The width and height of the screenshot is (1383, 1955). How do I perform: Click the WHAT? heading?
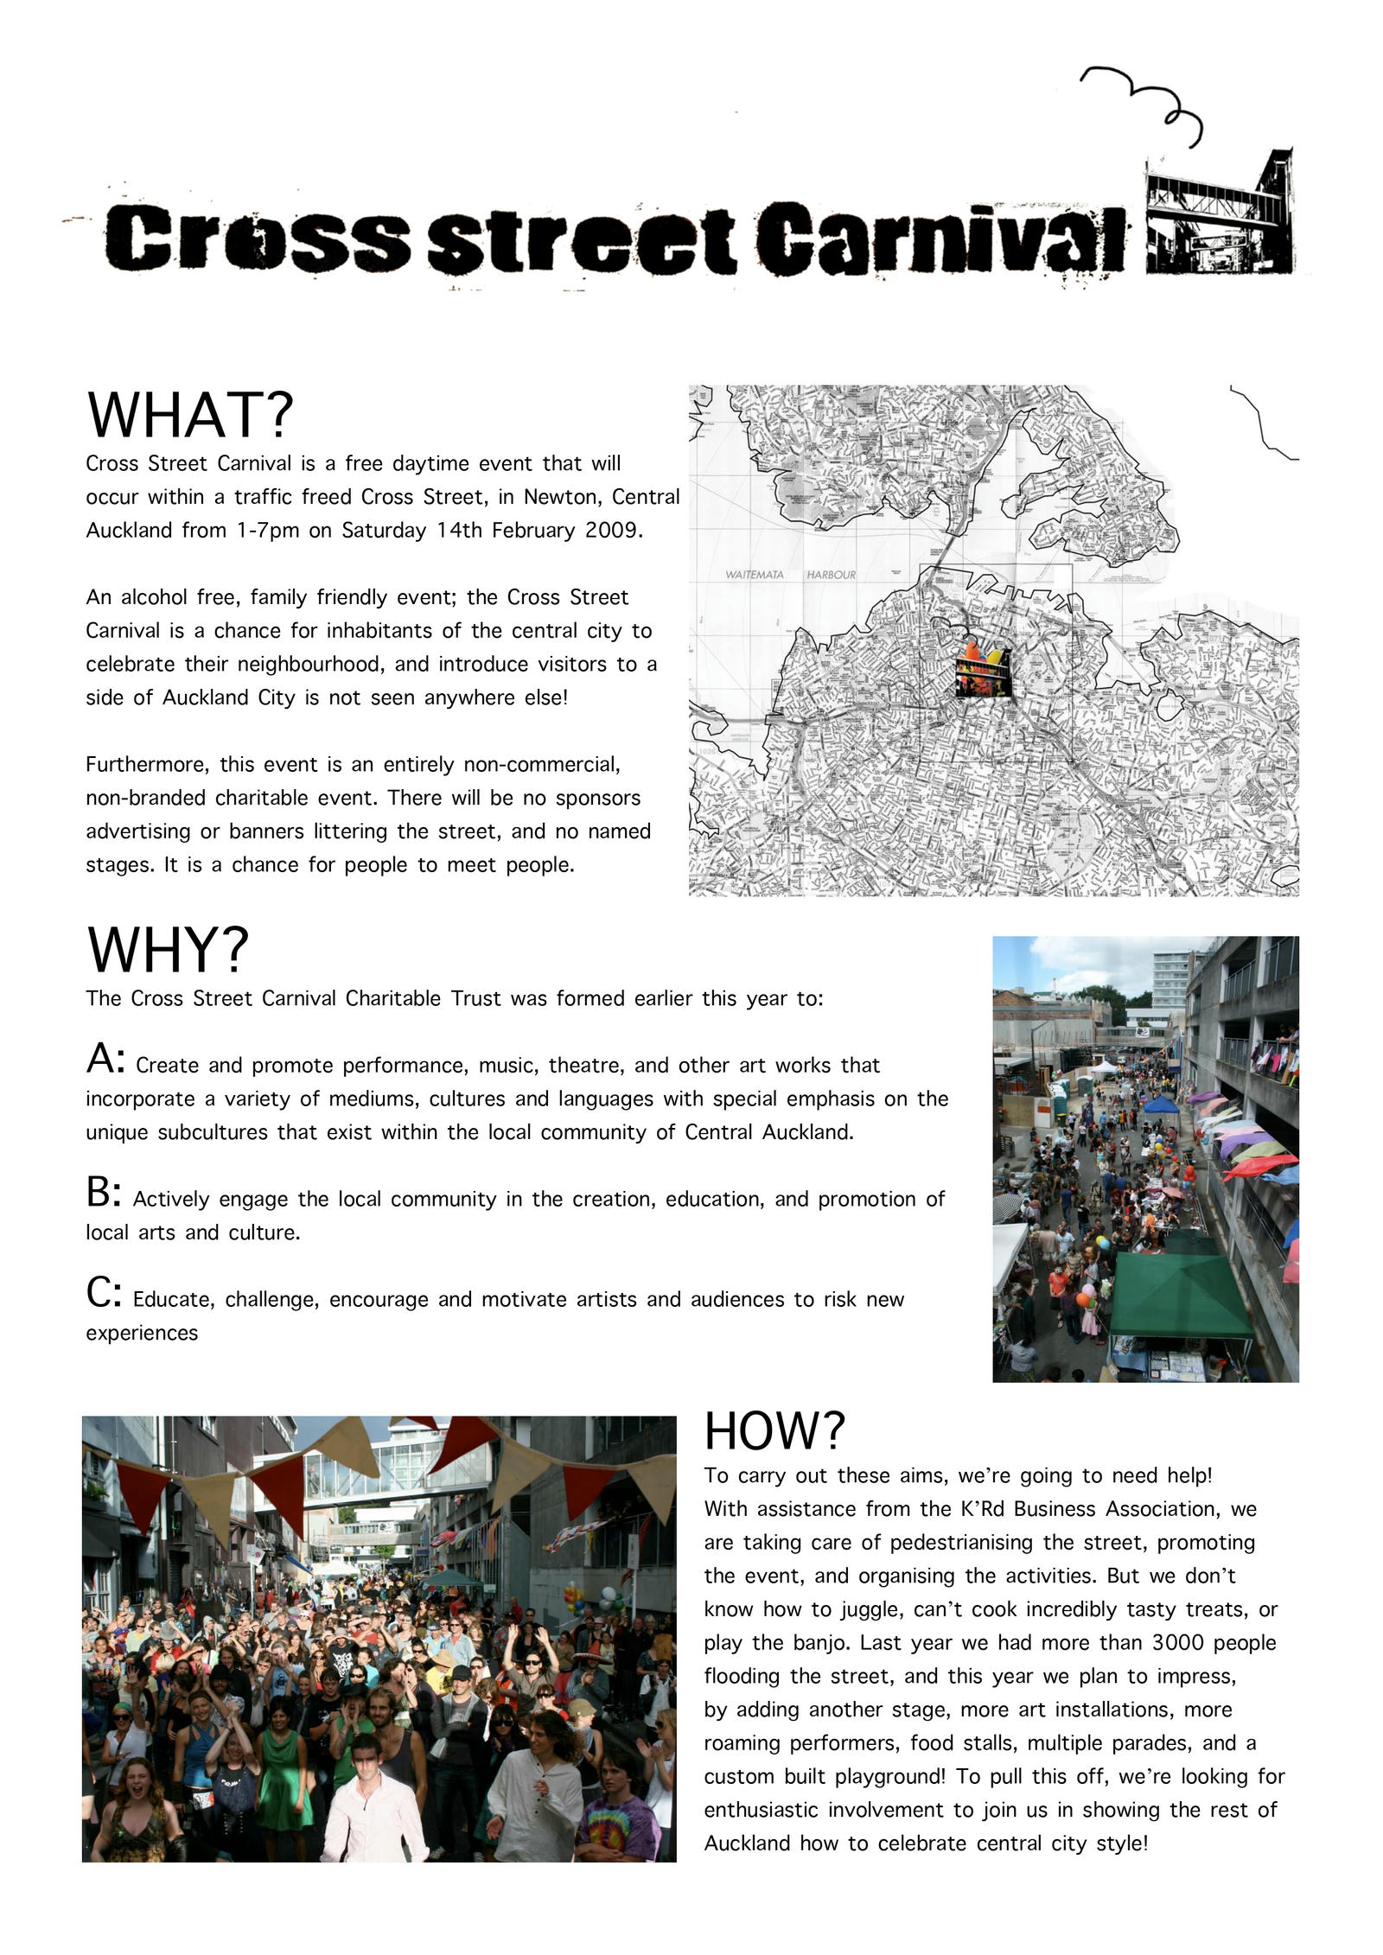pyautogui.click(x=190, y=415)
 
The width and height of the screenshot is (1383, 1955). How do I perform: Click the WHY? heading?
pyautogui.click(x=168, y=949)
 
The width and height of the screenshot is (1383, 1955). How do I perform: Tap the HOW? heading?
pyautogui.click(x=774, y=1431)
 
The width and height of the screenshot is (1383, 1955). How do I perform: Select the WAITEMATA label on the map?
pyautogui.click(x=754, y=575)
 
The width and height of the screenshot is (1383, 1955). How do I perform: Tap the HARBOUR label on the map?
pyautogui.click(x=831, y=575)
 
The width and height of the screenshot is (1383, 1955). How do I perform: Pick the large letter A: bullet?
pyautogui.click(x=105, y=1060)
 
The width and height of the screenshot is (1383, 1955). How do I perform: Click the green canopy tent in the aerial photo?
pyautogui.click(x=1180, y=1296)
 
